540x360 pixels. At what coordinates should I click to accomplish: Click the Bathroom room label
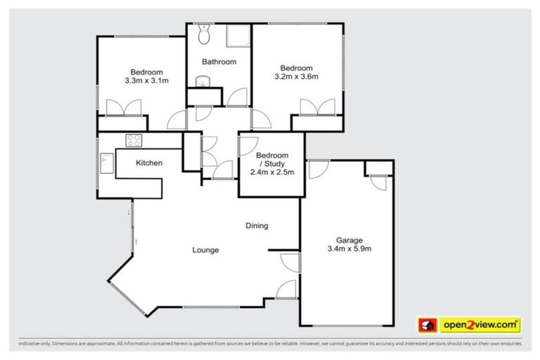tap(219, 62)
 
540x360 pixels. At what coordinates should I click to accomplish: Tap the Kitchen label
tap(149, 163)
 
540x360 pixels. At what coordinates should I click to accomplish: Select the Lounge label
tap(206, 250)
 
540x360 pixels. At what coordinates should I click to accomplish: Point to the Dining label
tap(257, 226)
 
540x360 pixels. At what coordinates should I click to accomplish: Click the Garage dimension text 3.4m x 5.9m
tap(349, 248)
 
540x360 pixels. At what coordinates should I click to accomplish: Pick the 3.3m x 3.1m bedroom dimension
tap(147, 81)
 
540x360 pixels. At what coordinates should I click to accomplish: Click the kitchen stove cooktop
tap(134, 139)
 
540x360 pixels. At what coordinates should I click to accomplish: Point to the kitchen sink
tap(108, 162)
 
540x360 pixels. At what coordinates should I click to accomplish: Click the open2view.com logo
tap(480, 325)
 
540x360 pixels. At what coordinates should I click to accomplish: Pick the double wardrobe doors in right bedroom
tap(318, 108)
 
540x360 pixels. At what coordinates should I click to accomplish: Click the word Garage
tap(349, 240)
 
